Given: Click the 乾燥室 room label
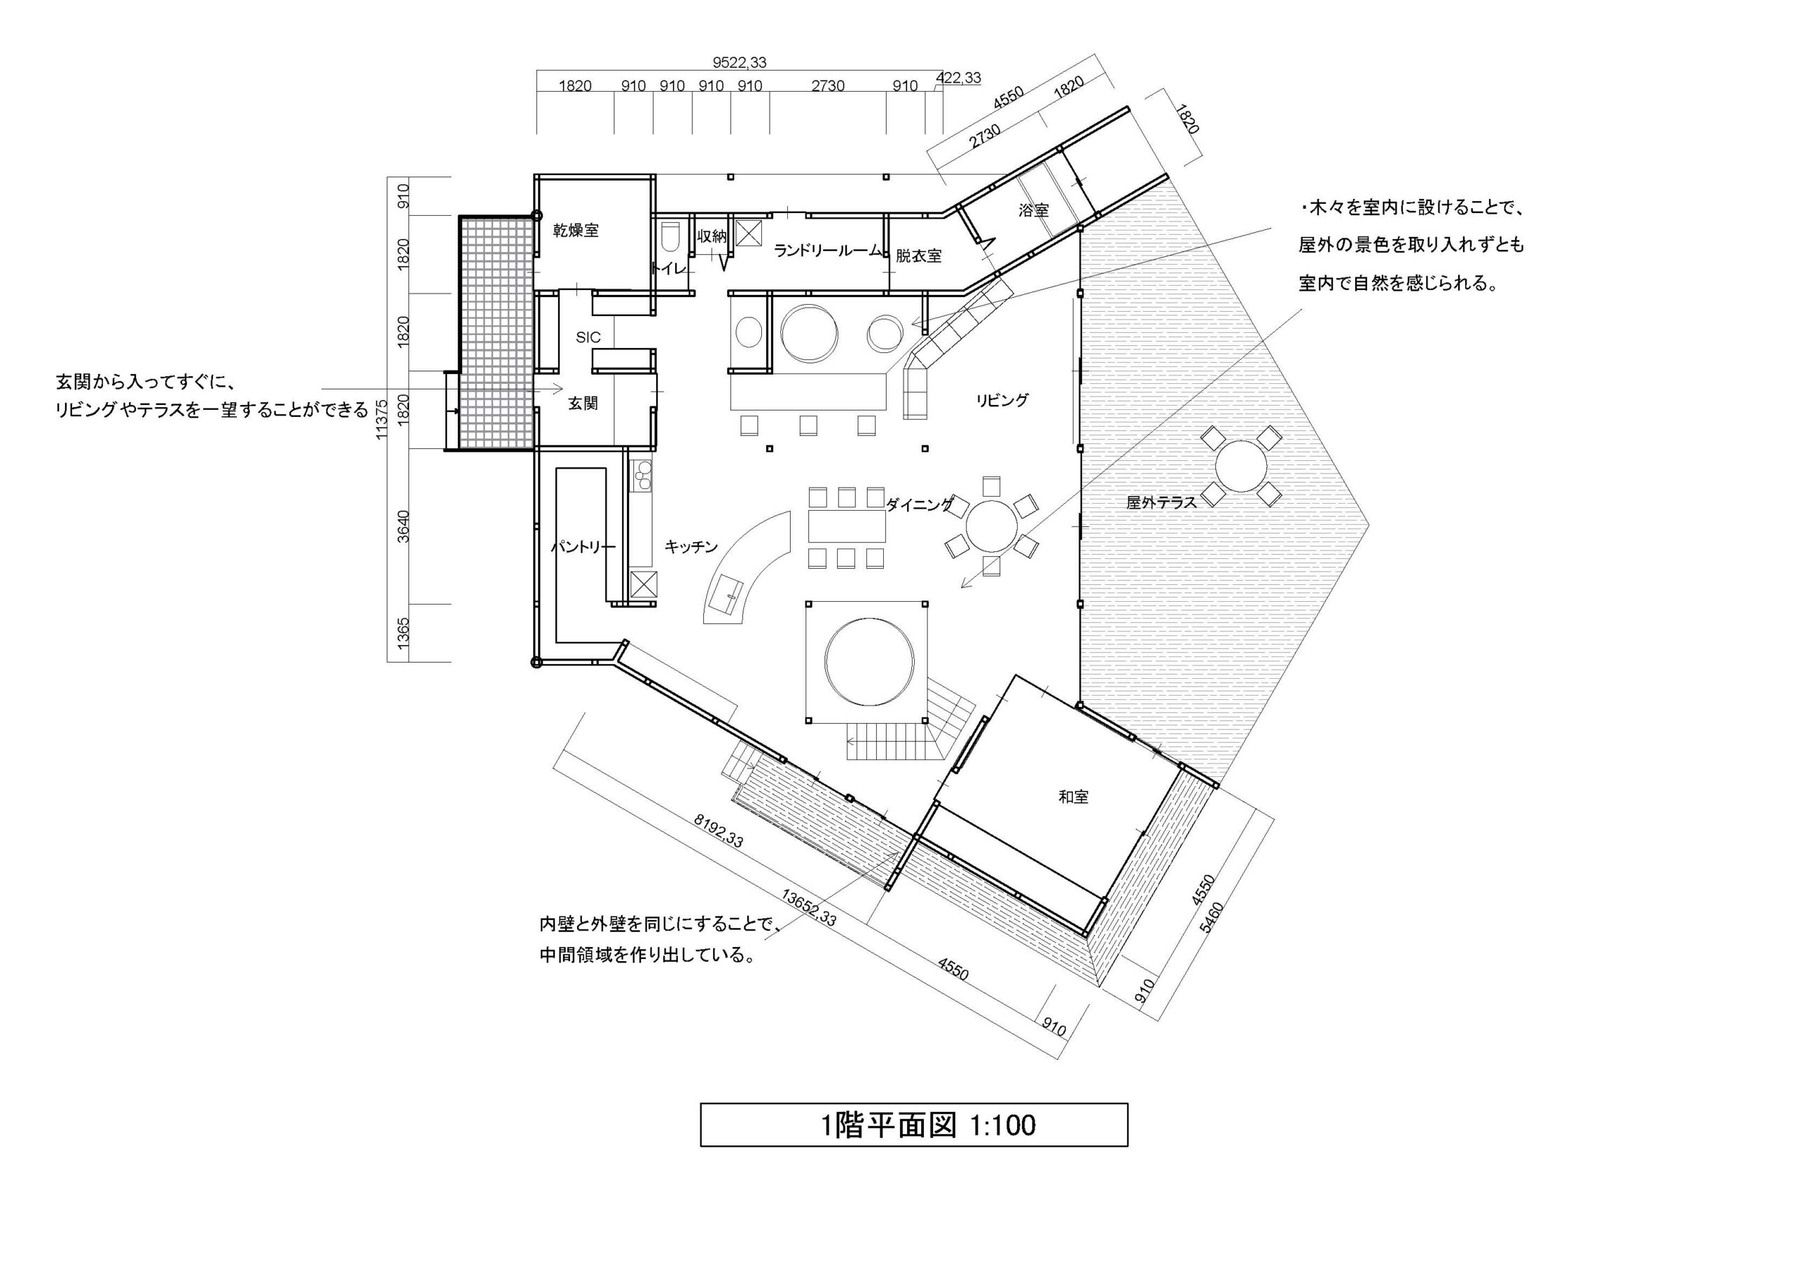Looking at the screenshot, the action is pyautogui.click(x=576, y=230).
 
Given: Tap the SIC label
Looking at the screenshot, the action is pyautogui.click(x=588, y=338).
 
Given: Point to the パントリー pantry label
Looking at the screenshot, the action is pyautogui.click(x=583, y=547).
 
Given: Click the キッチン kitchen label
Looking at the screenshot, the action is pyautogui.click(x=691, y=547).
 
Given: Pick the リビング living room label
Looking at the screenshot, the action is pyautogui.click(x=1002, y=400).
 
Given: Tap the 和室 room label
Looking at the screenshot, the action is pyautogui.click(x=1073, y=797).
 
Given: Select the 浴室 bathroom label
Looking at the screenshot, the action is pyautogui.click(x=1033, y=209).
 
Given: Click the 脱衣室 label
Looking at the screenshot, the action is pyautogui.click(x=918, y=256).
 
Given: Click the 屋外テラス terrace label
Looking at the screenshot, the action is pyautogui.click(x=1161, y=502).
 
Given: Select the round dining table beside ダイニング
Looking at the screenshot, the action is pyautogui.click(x=991, y=528).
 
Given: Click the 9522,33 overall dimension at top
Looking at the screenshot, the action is pyautogui.click(x=740, y=62).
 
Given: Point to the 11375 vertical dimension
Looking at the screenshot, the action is pyautogui.click(x=382, y=420).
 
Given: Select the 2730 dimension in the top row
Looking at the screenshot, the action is pyautogui.click(x=828, y=86).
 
